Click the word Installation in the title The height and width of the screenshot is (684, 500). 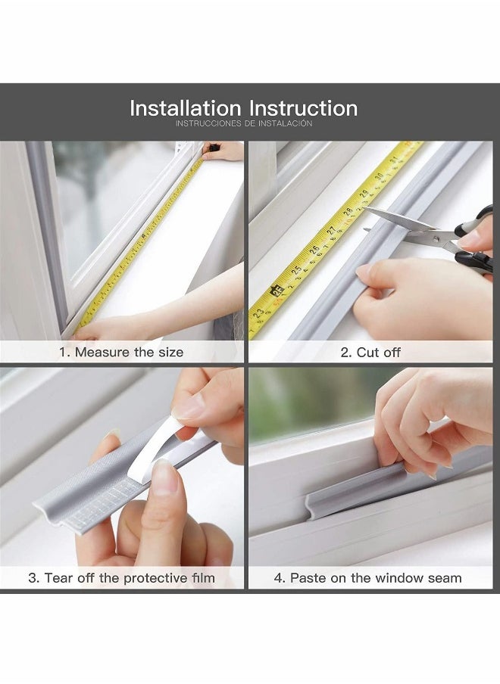185,107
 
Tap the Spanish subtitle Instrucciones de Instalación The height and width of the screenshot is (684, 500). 243,123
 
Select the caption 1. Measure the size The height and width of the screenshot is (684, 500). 121,352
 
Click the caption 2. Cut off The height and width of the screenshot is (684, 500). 370,352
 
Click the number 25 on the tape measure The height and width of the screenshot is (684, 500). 296,268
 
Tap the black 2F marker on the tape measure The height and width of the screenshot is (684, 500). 275,290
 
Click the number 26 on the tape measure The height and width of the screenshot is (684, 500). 314,250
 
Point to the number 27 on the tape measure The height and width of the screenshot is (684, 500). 331,232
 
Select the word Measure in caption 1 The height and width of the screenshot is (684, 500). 102,352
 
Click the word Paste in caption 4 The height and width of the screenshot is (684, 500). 308,578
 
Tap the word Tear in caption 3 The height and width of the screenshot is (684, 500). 58,578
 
